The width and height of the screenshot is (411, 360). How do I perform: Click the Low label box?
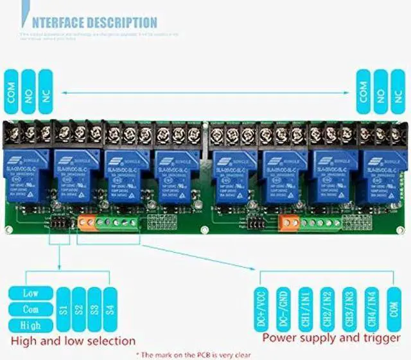tap(31, 293)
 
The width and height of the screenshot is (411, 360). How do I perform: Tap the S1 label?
tap(63, 309)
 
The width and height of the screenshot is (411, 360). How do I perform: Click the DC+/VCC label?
tap(263, 309)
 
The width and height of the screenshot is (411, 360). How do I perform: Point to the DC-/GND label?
tap(284, 309)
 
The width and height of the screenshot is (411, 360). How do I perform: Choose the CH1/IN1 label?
tap(306, 309)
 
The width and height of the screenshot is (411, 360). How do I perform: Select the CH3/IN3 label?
tap(349, 309)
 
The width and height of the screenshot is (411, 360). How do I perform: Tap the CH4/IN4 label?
tap(371, 309)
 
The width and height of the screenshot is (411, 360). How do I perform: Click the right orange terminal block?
tap(290, 223)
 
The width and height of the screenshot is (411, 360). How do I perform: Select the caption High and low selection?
tap(73, 341)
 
